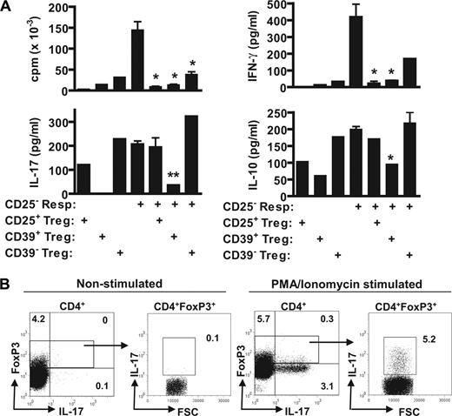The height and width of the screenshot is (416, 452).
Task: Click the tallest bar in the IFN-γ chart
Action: point(356,51)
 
